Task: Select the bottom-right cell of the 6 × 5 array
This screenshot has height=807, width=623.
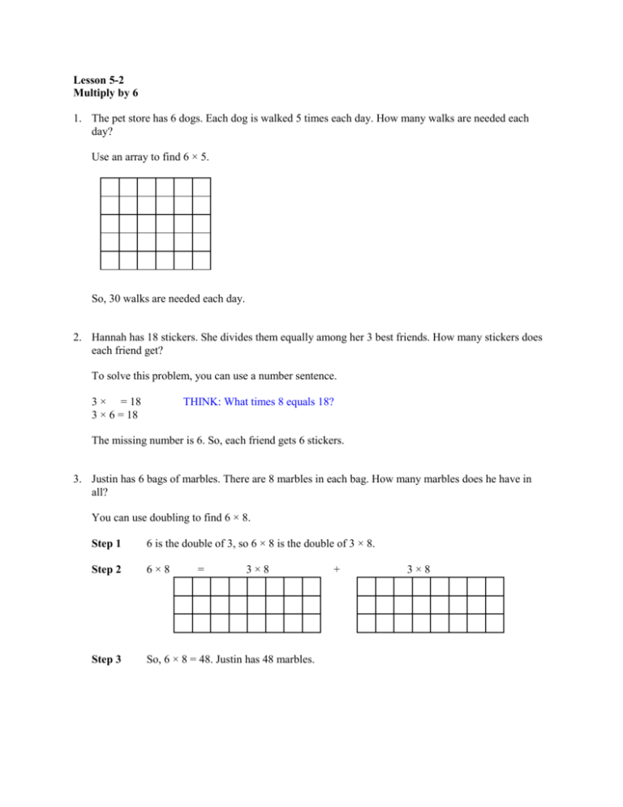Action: (202, 260)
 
